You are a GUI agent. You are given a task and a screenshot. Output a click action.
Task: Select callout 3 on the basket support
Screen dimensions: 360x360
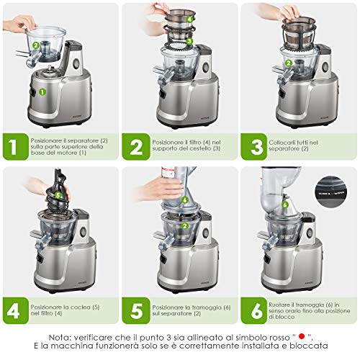coord(189,41)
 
